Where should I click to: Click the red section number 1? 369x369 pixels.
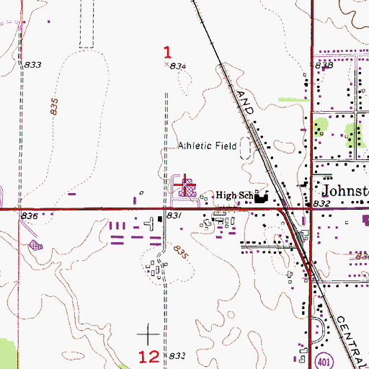pos(168,52)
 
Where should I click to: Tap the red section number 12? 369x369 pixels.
pos(148,355)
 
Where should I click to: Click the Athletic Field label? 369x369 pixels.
pos(208,146)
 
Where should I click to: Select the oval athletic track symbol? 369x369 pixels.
pos(247,148)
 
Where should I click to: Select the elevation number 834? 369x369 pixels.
pos(179,66)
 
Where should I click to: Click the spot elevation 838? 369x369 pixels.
pos(324,66)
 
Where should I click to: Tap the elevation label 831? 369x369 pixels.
pos(173,215)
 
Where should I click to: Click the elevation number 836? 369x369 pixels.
pos(29,215)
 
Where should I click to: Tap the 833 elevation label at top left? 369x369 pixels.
pos(33,65)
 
